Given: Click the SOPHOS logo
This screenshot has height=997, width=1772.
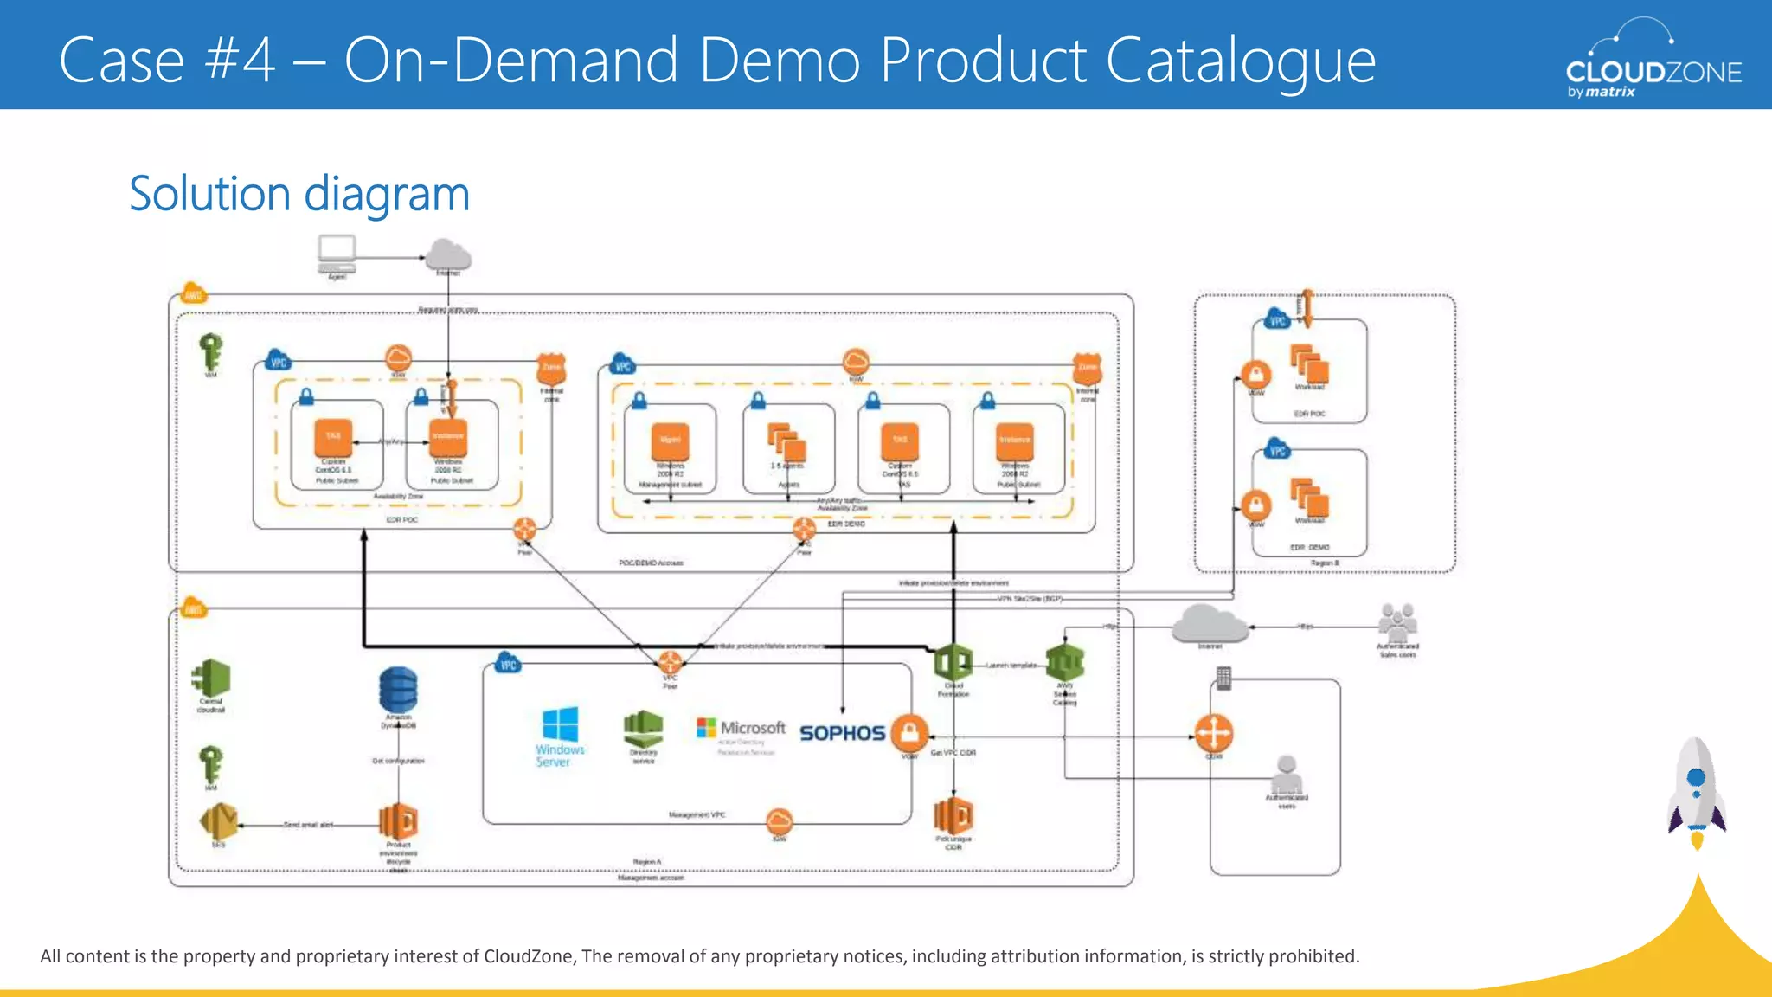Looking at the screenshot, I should [x=841, y=733].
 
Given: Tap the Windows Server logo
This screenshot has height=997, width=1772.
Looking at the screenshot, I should [x=560, y=736].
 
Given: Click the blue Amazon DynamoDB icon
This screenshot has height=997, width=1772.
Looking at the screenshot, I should [x=398, y=690].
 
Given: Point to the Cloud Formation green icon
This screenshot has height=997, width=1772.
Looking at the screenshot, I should [x=953, y=663].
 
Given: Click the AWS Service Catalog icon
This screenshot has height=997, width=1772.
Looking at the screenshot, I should [x=1064, y=663].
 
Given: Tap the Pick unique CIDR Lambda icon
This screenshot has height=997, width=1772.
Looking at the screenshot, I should [x=953, y=815].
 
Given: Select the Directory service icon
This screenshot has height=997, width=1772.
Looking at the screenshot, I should [x=643, y=729].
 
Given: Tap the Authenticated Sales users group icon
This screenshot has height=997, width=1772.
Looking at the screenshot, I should [x=1397, y=622].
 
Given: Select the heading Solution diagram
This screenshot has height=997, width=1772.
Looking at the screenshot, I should [x=299, y=194].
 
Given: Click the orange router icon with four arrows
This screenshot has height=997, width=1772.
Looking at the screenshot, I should [x=1213, y=733].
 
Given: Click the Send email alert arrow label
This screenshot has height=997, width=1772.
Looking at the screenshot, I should [x=308, y=825].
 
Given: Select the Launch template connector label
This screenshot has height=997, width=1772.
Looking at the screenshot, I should [x=1011, y=666].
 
